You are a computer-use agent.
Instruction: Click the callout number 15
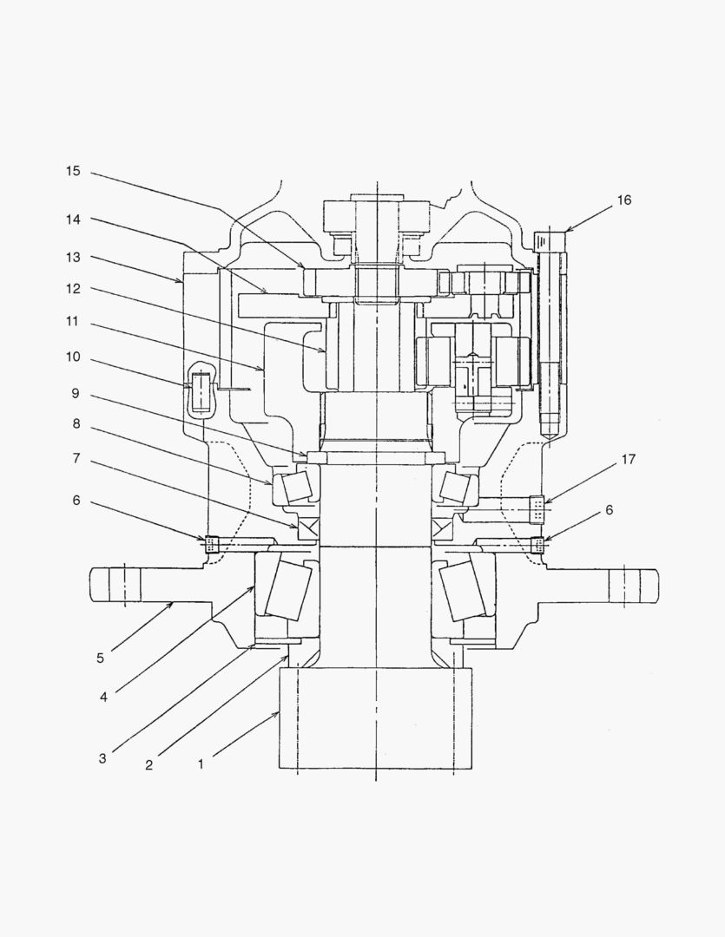pyautogui.click(x=73, y=171)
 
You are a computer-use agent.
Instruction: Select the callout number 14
pyautogui.click(x=73, y=220)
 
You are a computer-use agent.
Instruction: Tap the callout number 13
pyautogui.click(x=73, y=258)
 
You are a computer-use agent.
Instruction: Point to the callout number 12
pyautogui.click(x=73, y=288)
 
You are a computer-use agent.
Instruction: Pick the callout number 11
pyautogui.click(x=73, y=322)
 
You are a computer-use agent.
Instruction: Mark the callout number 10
pyautogui.click(x=73, y=357)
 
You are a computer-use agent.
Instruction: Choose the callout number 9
pyautogui.click(x=76, y=392)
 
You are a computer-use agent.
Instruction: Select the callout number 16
pyautogui.click(x=624, y=200)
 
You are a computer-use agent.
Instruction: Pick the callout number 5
pyautogui.click(x=101, y=659)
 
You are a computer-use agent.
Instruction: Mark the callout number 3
pyautogui.click(x=102, y=758)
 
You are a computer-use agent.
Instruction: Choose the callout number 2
pyautogui.click(x=148, y=765)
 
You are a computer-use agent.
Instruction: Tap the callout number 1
pyautogui.click(x=201, y=765)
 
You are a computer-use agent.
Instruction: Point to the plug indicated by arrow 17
pyautogui.click(x=537, y=509)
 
